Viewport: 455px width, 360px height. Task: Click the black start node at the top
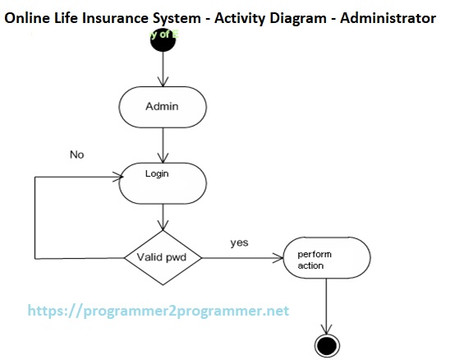163,42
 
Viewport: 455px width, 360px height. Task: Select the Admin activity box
163,107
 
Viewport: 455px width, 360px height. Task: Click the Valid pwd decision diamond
163,257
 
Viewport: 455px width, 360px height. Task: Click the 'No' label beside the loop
77,155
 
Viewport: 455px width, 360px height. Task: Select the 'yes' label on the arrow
239,243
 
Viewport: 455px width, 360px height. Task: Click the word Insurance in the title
114,17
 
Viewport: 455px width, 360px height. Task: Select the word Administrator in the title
388,17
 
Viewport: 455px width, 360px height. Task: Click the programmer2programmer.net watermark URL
159,312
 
